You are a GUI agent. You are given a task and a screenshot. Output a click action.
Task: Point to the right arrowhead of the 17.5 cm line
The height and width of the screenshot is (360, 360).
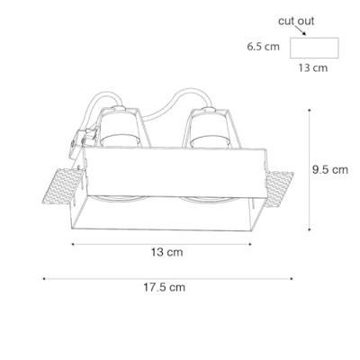tap(297, 277)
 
